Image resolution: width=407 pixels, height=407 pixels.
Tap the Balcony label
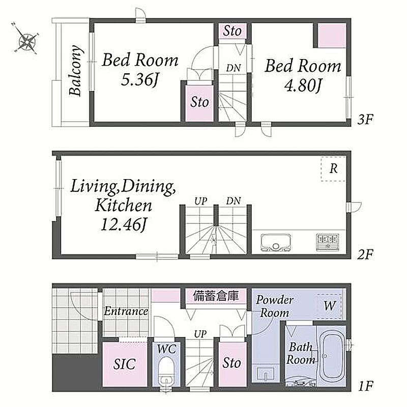(x=75, y=71)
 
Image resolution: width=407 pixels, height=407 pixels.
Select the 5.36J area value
(x=139, y=79)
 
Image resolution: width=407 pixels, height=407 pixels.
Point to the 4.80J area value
(x=303, y=85)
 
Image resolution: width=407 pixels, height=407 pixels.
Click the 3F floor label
(x=365, y=120)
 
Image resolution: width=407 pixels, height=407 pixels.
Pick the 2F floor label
(x=365, y=255)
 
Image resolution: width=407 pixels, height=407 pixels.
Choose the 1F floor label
(x=366, y=386)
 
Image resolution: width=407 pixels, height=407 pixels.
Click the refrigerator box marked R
(x=333, y=169)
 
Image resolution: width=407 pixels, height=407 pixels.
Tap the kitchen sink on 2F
(x=276, y=243)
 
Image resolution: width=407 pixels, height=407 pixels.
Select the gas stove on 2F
(x=328, y=243)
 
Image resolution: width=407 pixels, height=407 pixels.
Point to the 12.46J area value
(x=124, y=224)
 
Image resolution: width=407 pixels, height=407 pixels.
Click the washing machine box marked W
(x=329, y=306)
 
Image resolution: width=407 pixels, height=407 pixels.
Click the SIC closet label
(x=124, y=364)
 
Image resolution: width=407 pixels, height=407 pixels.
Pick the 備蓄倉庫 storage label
(x=216, y=296)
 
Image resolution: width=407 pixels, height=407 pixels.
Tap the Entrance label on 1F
(x=126, y=311)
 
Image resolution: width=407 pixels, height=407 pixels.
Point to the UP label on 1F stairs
(x=200, y=334)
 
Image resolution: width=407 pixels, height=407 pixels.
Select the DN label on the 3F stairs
(x=234, y=68)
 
